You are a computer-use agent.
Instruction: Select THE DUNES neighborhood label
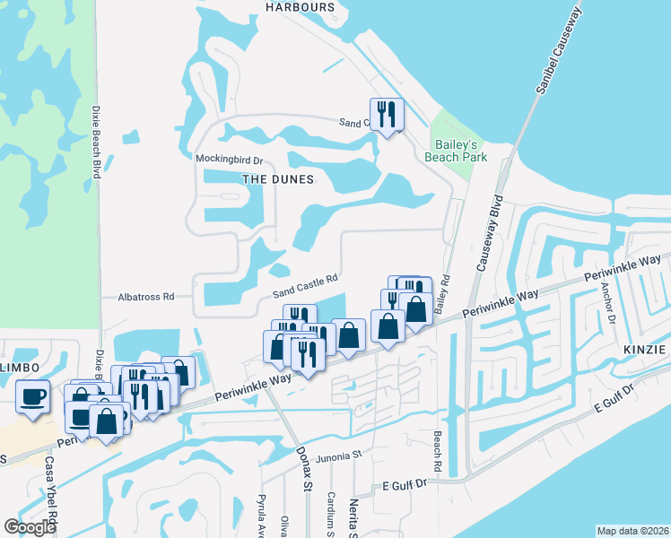278,179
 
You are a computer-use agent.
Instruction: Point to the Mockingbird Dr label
229,160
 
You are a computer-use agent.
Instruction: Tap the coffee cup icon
34,395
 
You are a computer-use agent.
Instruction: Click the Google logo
30,527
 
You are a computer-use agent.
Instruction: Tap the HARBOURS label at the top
300,7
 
